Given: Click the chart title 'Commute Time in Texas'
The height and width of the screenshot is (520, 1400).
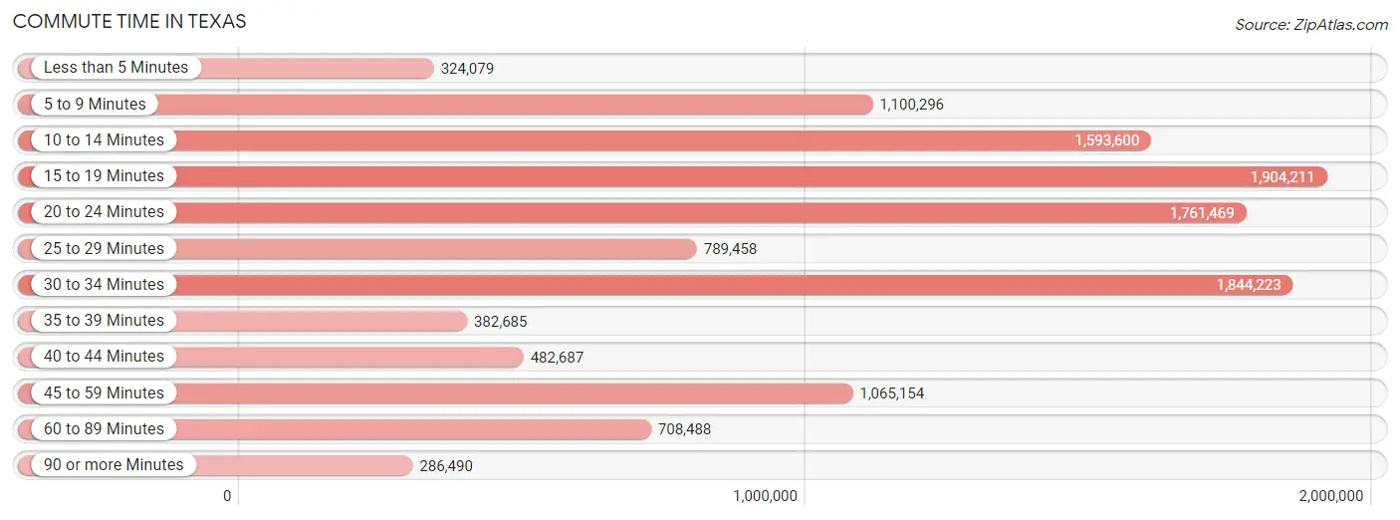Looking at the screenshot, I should (x=129, y=21).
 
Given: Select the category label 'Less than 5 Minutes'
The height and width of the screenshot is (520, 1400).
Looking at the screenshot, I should (x=116, y=68).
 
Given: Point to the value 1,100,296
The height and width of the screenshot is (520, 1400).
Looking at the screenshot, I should (x=911, y=105).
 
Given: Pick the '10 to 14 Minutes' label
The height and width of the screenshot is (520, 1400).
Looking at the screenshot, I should (x=104, y=140).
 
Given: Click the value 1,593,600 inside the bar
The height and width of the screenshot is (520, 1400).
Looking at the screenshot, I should (x=1106, y=140).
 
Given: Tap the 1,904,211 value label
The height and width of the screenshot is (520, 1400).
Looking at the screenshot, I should (x=1283, y=177).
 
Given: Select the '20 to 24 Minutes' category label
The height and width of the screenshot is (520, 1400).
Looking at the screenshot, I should (x=104, y=212).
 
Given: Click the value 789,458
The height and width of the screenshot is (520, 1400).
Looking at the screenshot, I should (x=730, y=249).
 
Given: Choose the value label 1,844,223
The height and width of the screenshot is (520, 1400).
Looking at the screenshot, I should (x=1249, y=285).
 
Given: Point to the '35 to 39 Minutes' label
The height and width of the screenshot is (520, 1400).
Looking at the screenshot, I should (x=104, y=321).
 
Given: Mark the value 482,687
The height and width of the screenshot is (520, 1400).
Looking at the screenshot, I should (x=557, y=357).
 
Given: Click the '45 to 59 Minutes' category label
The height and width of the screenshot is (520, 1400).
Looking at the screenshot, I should (x=104, y=393).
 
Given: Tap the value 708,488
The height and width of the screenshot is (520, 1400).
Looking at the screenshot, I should (x=684, y=429).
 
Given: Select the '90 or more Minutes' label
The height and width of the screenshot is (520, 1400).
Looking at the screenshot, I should (x=114, y=465).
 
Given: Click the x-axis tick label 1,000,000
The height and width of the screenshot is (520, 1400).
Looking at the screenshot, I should (x=765, y=496).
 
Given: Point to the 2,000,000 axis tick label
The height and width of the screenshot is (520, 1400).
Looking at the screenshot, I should (x=1330, y=496).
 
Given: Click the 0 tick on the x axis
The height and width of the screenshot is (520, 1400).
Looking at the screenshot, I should (x=227, y=496).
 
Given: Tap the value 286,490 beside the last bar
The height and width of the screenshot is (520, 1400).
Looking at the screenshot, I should (x=446, y=465).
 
